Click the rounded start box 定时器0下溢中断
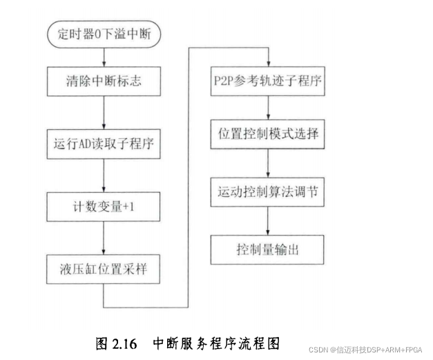(x=102, y=32)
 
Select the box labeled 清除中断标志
(x=103, y=83)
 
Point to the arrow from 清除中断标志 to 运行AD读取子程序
(x=103, y=113)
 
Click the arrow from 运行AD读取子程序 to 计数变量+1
(x=103, y=174)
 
